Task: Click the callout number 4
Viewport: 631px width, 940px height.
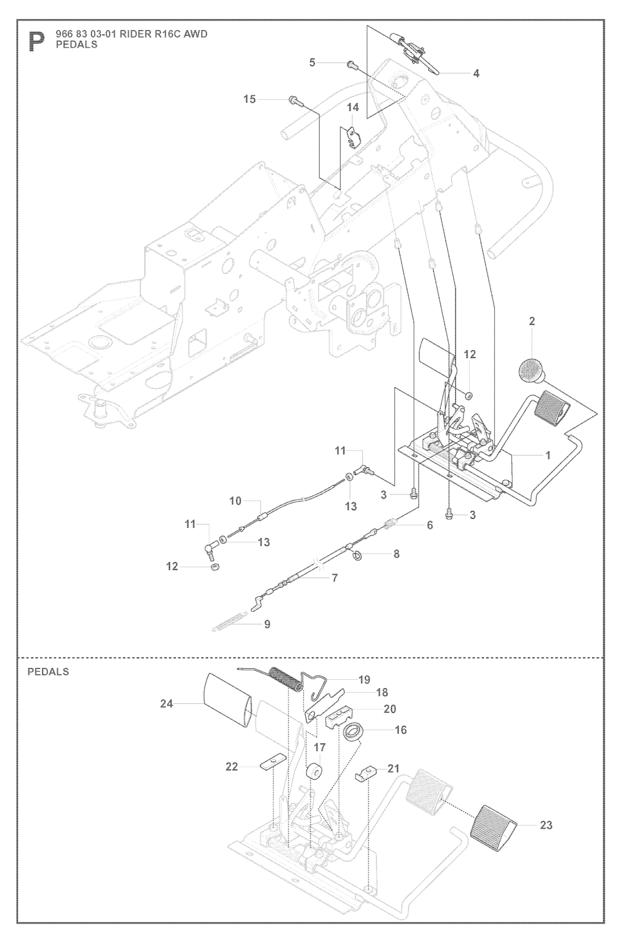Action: [x=476, y=73]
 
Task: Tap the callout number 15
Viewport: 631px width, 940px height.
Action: [x=249, y=99]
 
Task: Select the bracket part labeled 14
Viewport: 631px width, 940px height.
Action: [x=352, y=137]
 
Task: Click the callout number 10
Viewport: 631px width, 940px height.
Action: [x=235, y=501]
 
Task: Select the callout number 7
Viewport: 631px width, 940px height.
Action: [x=335, y=578]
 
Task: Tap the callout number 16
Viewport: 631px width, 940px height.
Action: [x=401, y=730]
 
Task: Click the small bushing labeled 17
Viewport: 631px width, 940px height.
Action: [x=314, y=771]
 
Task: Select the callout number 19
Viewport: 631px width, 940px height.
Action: [x=364, y=680]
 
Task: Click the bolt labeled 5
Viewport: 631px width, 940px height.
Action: [x=352, y=63]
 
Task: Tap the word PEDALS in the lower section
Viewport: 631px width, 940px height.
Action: [x=48, y=672]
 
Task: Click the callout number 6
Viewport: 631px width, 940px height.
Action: [x=429, y=525]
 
